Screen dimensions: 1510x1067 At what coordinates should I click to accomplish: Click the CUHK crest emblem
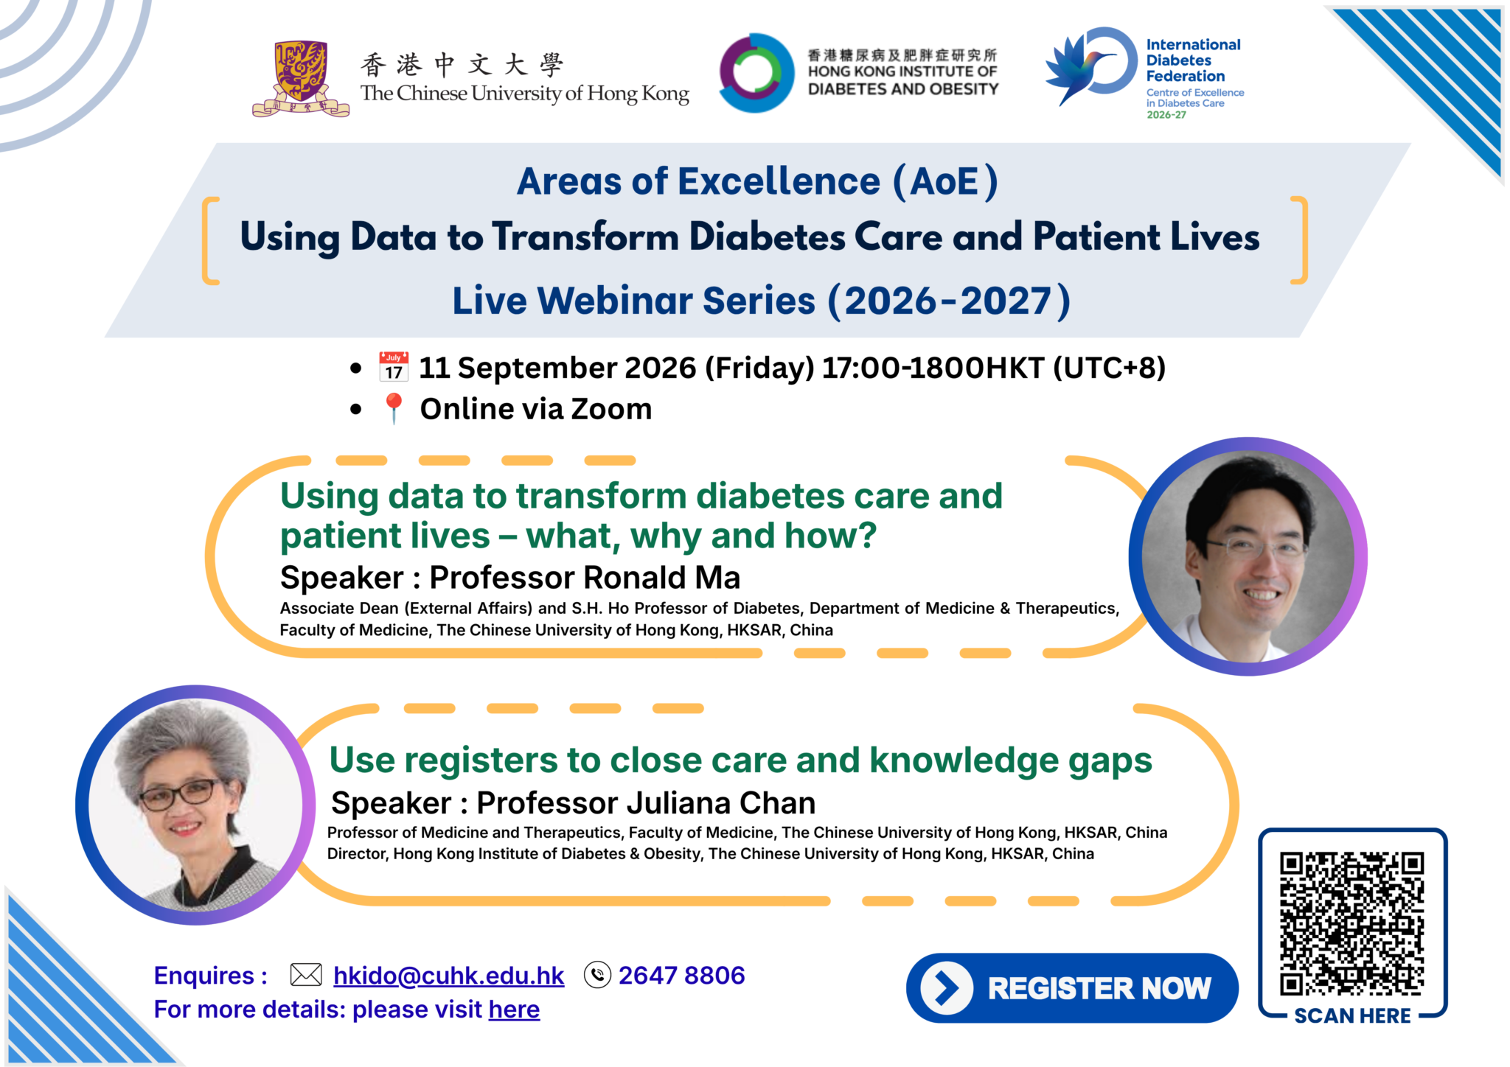[300, 79]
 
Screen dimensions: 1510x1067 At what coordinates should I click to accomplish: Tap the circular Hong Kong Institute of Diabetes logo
[757, 72]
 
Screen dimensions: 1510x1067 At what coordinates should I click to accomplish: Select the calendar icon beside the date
[394, 367]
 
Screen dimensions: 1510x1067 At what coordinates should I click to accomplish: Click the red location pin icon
[394, 408]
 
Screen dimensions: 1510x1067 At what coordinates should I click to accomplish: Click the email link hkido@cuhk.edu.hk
[448, 976]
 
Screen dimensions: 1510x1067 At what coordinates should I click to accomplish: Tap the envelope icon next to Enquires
[306, 975]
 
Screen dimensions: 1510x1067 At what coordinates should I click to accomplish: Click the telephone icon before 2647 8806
[597, 975]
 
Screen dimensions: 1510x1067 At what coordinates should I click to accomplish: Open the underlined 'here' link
[514, 1010]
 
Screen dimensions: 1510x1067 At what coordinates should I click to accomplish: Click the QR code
[1352, 924]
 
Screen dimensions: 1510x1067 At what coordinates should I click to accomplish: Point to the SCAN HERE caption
[1352, 1016]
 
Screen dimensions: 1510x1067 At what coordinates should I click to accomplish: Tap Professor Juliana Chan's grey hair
[184, 744]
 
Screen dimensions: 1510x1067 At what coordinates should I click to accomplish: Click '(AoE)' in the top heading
[945, 182]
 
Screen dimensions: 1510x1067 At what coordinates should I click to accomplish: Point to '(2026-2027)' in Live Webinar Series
[950, 301]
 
